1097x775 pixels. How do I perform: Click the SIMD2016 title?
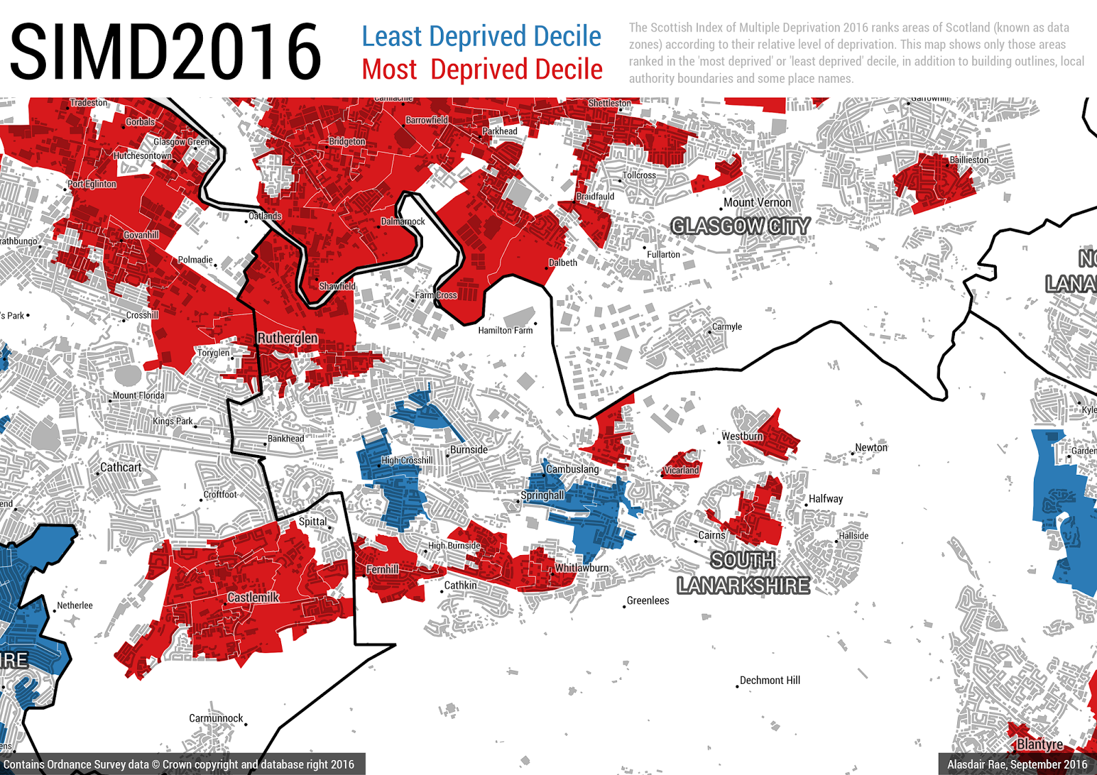coord(165,51)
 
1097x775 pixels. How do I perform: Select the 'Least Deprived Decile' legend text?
coord(481,36)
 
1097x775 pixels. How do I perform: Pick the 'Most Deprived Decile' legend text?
coord(482,69)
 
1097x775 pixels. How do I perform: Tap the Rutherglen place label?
coord(287,338)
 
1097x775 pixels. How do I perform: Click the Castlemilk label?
coord(253,598)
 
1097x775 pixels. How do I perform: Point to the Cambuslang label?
coord(572,469)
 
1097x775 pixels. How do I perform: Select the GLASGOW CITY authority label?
coord(740,226)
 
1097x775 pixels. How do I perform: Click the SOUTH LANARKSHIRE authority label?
coord(743,574)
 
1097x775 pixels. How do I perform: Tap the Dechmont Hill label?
coord(770,680)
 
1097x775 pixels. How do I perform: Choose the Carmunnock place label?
coord(216,718)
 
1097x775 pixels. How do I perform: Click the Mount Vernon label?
coord(758,203)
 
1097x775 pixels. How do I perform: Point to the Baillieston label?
coord(969,160)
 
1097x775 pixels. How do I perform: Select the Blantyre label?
coord(1039,744)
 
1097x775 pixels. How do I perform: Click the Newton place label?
coord(871,447)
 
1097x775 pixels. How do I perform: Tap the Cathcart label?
coord(121,467)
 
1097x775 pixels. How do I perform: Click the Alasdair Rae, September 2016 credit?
coord(1017,764)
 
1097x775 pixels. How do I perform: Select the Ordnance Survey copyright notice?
coord(179,764)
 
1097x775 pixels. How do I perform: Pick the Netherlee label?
coord(75,606)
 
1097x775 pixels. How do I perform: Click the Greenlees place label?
coord(647,601)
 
